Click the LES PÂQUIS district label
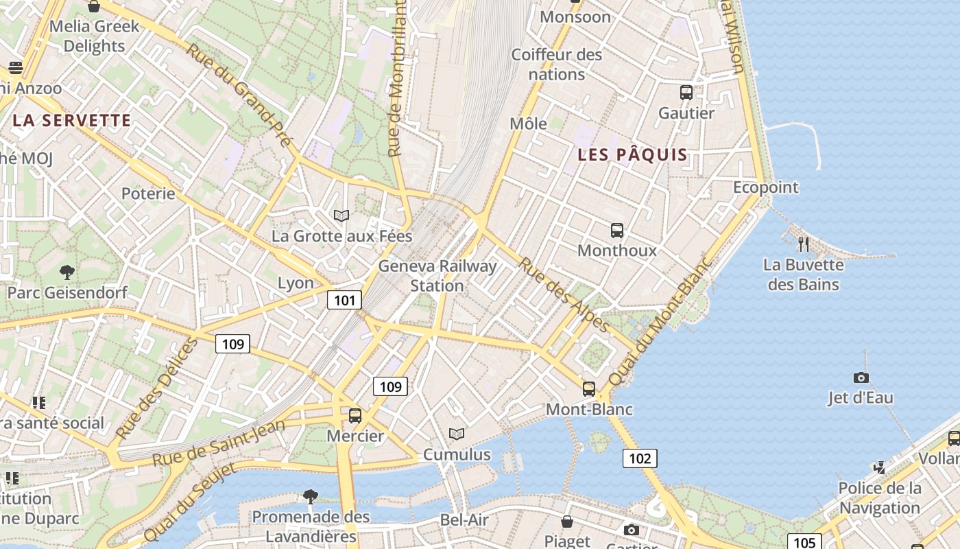pyautogui.click(x=632, y=154)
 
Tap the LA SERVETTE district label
pyautogui.click(x=71, y=121)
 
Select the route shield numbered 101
pyautogui.click(x=344, y=300)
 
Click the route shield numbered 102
pyautogui.click(x=640, y=458)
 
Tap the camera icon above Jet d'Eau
pyautogui.click(x=861, y=377)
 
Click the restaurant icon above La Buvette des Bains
pyautogui.click(x=804, y=244)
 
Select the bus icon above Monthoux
pyautogui.click(x=617, y=231)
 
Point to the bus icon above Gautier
pyautogui.click(x=686, y=93)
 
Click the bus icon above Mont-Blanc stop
pyautogui.click(x=588, y=389)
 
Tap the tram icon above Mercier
pyautogui.click(x=355, y=416)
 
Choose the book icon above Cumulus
pyautogui.click(x=457, y=434)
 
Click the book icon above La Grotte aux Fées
pyautogui.click(x=341, y=216)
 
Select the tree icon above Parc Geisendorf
pyautogui.click(x=67, y=272)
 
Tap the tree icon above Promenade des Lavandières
pyautogui.click(x=311, y=496)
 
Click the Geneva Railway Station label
pyautogui.click(x=437, y=275)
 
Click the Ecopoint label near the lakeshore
pyautogui.click(x=766, y=187)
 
